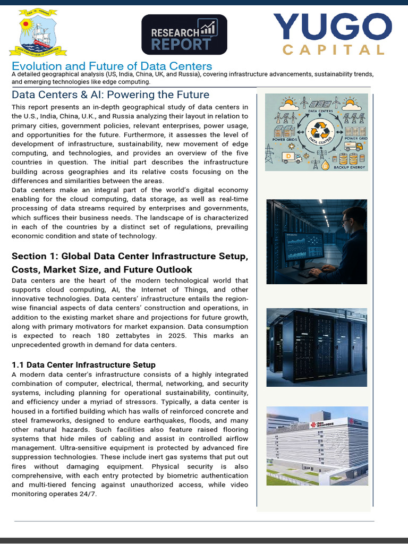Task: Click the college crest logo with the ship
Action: click(38, 33)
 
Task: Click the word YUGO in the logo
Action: click(333, 28)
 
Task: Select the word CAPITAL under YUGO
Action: click(333, 50)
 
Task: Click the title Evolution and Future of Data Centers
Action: click(112, 66)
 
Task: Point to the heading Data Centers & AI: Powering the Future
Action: click(110, 95)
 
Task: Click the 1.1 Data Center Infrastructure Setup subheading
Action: click(83, 365)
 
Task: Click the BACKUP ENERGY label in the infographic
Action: click(350, 167)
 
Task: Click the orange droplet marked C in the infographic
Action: click(326, 165)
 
